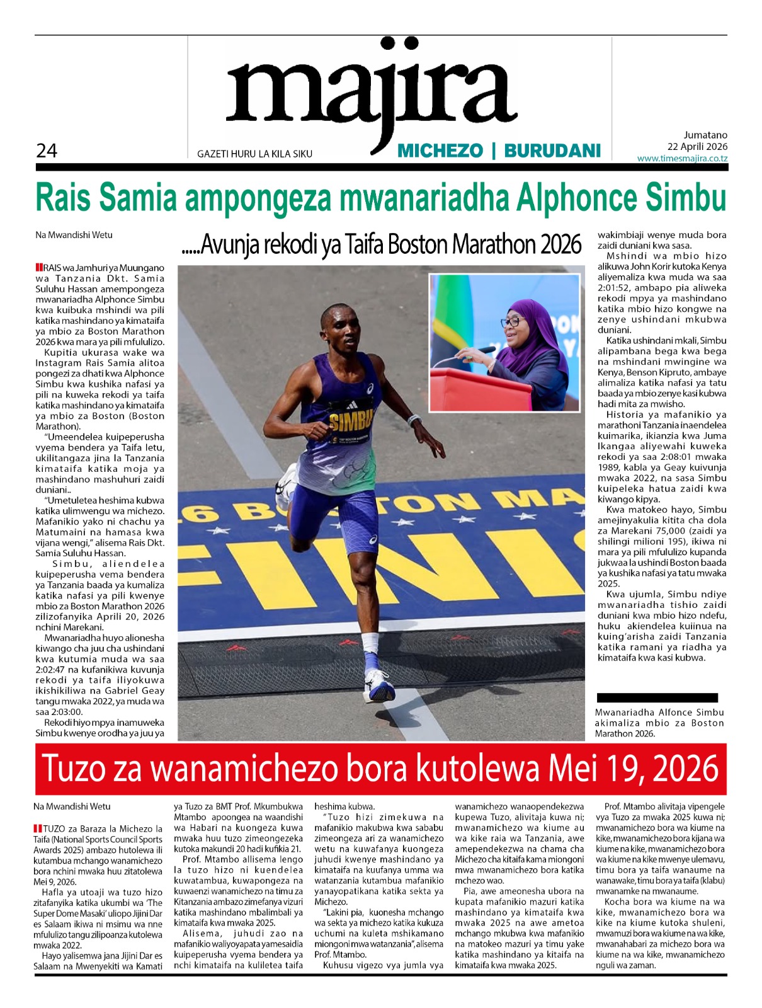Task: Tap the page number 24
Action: point(47,151)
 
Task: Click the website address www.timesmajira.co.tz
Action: point(682,158)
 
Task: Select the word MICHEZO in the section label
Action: point(440,151)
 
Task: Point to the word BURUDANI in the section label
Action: point(552,151)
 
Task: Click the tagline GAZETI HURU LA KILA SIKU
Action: point(254,154)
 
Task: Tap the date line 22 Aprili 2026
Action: point(697,146)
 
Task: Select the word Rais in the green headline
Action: point(64,197)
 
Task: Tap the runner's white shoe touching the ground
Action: point(380,685)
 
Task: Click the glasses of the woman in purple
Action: point(511,321)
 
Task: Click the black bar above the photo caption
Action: point(657,697)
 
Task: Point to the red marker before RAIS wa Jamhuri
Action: point(39,268)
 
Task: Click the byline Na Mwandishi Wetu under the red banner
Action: point(72,806)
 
